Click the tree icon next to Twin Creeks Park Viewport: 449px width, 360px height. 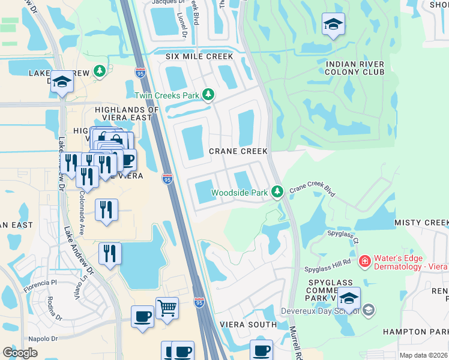tap(208, 95)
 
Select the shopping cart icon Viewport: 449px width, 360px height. tap(167, 308)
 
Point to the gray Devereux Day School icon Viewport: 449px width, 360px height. tap(369, 310)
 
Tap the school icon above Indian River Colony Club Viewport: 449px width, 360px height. tap(333, 25)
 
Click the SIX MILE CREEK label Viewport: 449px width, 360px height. tap(199, 56)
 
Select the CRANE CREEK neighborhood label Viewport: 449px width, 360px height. tap(238, 151)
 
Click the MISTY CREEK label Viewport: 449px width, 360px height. tap(421, 223)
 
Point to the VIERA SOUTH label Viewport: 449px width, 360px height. tap(248, 325)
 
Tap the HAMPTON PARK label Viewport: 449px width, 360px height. tap(417, 331)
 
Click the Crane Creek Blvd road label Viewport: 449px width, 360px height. tap(312, 191)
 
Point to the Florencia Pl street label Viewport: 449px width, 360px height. tap(41, 281)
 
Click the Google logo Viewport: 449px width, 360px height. tap(20, 352)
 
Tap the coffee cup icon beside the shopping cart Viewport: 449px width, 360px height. tap(142, 316)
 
